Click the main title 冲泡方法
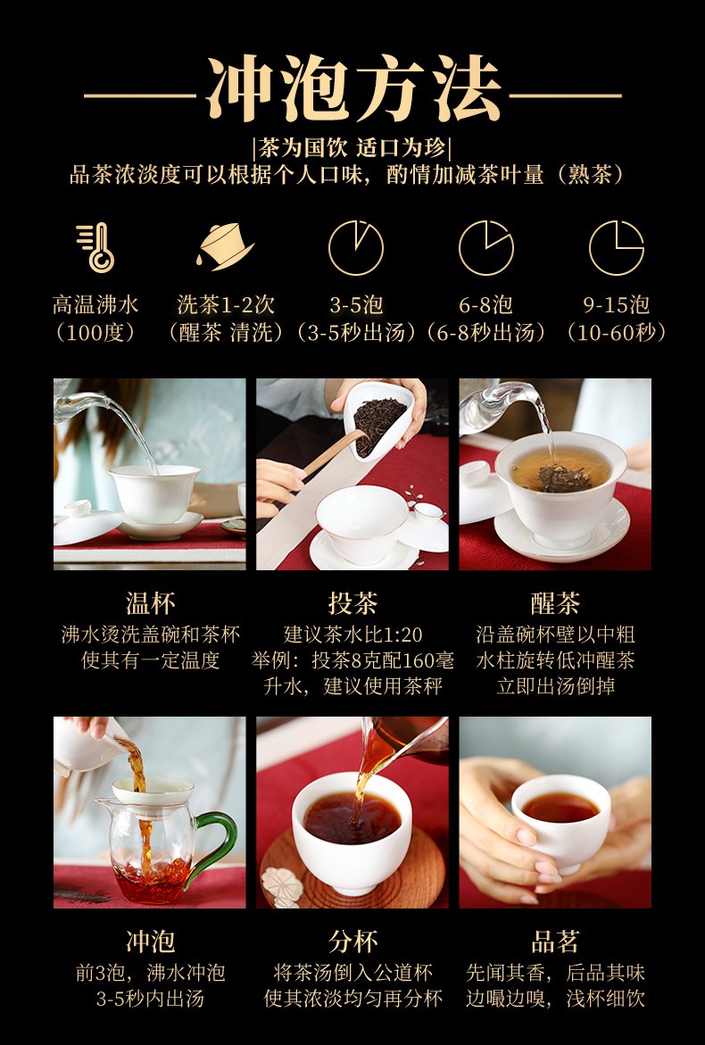click(x=353, y=88)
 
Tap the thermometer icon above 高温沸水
click(x=96, y=247)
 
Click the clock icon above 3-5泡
click(x=356, y=248)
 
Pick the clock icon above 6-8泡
click(x=486, y=248)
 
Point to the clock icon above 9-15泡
click(x=617, y=248)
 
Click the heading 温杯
click(x=151, y=603)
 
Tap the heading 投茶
click(x=353, y=603)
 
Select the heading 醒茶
click(x=555, y=603)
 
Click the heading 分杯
click(x=353, y=941)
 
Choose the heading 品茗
click(x=555, y=941)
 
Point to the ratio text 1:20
click(x=402, y=634)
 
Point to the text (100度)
click(x=96, y=333)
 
